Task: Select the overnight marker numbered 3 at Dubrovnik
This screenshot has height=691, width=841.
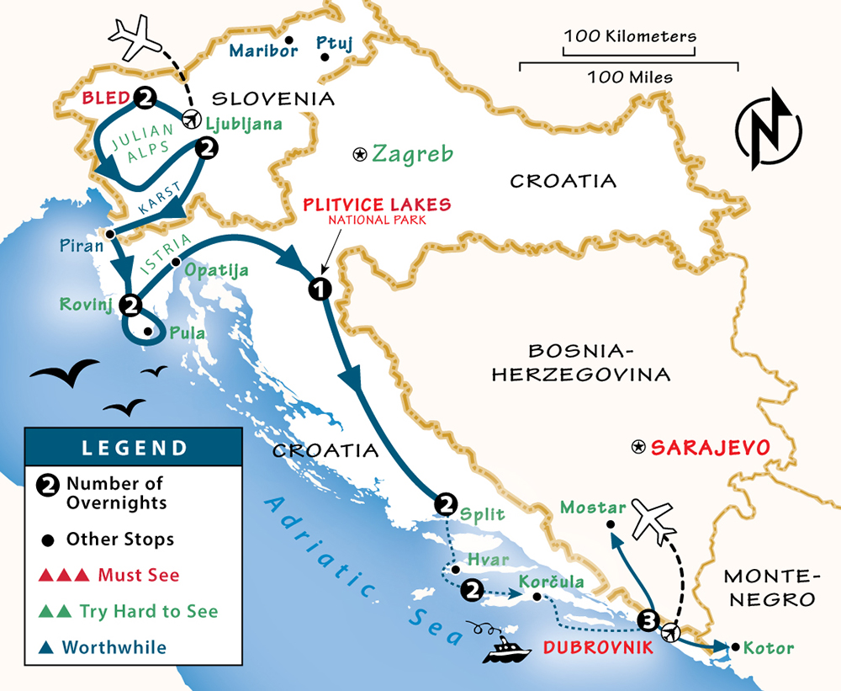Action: coord(647,620)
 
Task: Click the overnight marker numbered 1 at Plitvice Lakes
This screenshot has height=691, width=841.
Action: coord(319,289)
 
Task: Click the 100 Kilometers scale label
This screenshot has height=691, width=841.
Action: coord(630,36)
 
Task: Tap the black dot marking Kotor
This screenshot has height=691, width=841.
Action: coord(736,647)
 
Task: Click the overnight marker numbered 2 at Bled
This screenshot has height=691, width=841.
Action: coord(144,98)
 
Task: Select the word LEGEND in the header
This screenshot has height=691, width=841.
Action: coord(133,447)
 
